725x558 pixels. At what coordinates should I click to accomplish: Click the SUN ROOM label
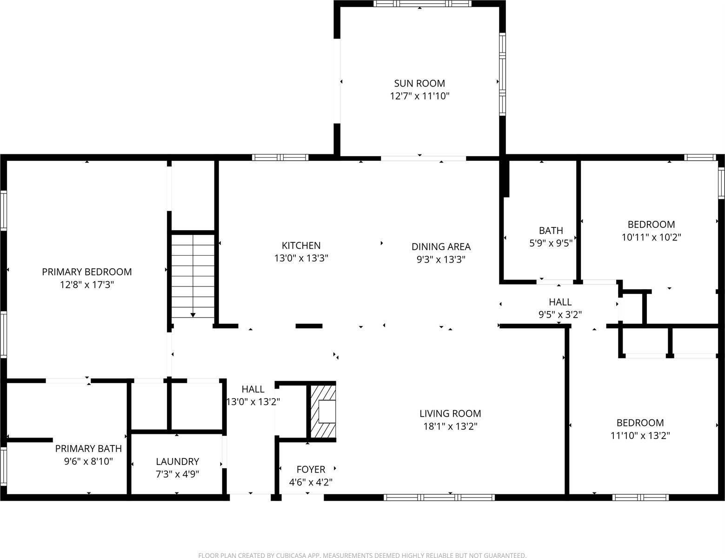(x=419, y=83)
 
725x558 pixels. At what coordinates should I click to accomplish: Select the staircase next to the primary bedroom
(x=193, y=277)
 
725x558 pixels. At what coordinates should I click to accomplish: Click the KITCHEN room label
(x=301, y=246)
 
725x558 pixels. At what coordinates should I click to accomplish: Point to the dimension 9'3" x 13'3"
(x=441, y=259)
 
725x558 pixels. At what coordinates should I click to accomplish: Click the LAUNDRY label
(x=177, y=461)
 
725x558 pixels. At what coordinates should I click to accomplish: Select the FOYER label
(x=311, y=469)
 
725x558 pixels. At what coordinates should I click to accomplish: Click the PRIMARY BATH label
(x=88, y=448)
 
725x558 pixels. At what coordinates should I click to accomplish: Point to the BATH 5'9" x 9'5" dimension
(x=551, y=242)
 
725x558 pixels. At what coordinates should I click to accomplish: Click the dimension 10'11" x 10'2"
(x=651, y=237)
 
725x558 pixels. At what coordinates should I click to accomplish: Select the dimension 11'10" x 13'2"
(x=640, y=436)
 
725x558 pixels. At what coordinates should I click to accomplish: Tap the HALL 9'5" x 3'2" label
(x=560, y=302)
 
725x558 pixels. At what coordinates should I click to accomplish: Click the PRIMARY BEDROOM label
(x=87, y=272)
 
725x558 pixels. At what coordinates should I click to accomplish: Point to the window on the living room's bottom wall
(x=439, y=498)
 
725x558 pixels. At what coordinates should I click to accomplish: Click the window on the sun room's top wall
(x=422, y=4)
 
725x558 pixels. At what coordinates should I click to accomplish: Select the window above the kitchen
(x=280, y=157)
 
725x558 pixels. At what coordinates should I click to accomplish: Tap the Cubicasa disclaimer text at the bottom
(x=362, y=555)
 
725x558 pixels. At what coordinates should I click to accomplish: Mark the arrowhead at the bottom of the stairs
(x=193, y=315)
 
